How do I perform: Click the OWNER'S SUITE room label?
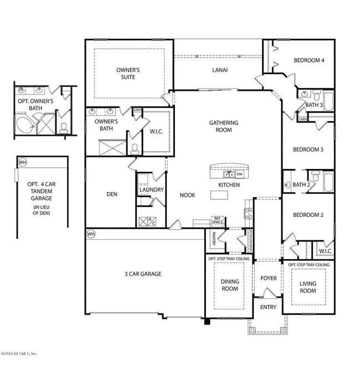coord(127,73)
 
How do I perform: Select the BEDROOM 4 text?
coord(308,60)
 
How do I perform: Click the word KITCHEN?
coord(229,184)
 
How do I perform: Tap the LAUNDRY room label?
coord(151,190)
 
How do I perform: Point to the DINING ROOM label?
coord(225,285)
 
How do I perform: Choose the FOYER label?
coord(268,278)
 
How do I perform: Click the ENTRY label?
coord(268,308)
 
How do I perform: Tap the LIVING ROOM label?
coord(308,287)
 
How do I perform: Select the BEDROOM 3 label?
coord(308,150)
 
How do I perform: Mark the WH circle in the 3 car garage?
coord(91,234)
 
